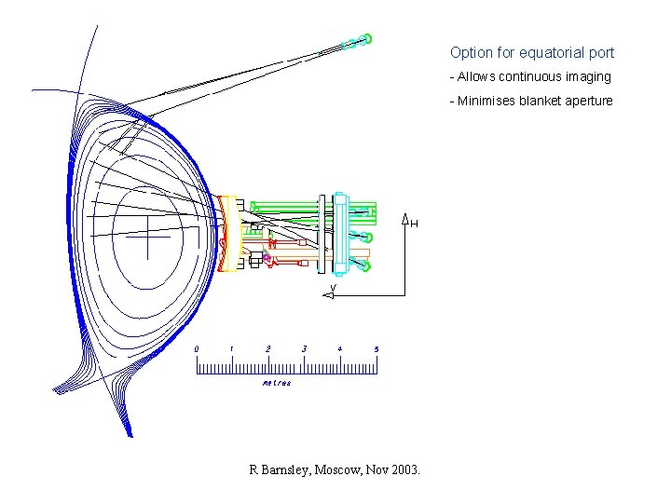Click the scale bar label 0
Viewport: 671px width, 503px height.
pos(197,349)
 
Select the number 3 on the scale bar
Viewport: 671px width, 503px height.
pos(304,349)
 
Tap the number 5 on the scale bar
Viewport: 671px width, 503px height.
pos(376,349)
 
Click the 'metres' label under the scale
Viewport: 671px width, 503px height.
pos(277,383)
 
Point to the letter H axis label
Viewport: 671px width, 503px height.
pos(415,224)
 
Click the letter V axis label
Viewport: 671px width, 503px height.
pos(334,287)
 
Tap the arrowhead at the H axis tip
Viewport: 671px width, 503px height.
pos(405,220)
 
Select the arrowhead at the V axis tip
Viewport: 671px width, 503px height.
pos(328,295)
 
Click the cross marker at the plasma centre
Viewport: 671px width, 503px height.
pos(148,237)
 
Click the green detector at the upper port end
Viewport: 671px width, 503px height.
pos(366,38)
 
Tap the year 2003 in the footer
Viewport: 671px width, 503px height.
pos(405,470)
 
